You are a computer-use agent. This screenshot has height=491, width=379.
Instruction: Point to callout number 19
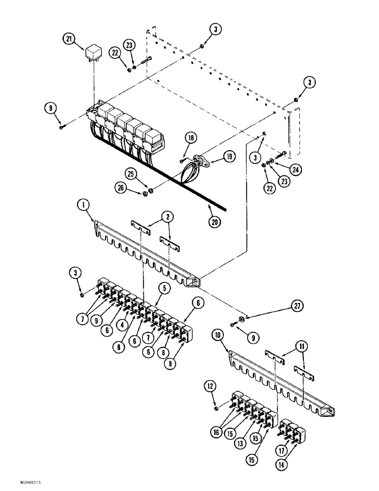(x=229, y=157)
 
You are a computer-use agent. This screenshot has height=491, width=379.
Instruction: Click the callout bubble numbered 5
(x=164, y=289)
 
